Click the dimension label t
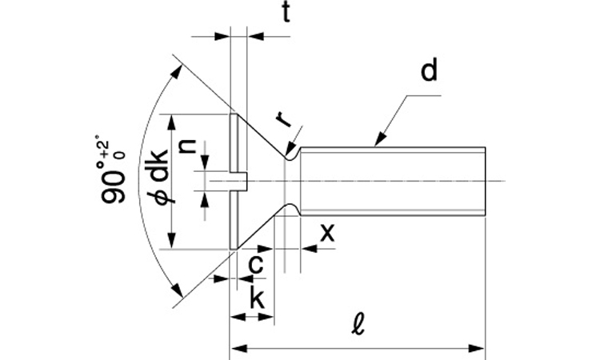(x=286, y=14)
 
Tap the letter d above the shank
(x=429, y=70)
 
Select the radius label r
(x=283, y=119)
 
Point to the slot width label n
(x=188, y=146)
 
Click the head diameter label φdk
(x=158, y=176)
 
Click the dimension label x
(x=327, y=232)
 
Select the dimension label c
(x=256, y=264)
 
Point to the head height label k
(x=257, y=298)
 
